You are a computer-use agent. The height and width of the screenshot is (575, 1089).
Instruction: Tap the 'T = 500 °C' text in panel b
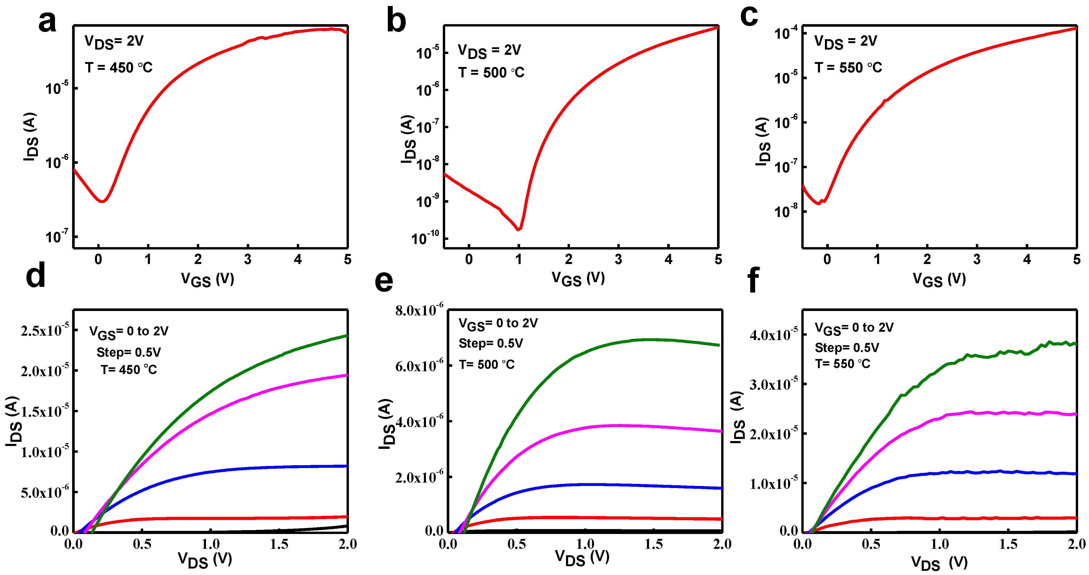[491, 73]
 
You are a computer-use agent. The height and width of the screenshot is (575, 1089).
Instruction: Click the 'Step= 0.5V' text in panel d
[128, 352]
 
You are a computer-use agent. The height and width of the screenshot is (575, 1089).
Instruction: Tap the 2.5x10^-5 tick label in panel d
[44, 330]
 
